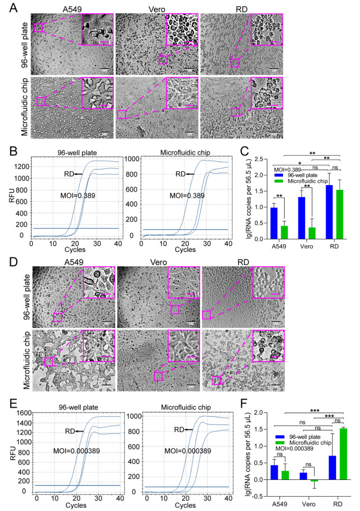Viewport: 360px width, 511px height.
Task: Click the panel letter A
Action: [8, 7]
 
